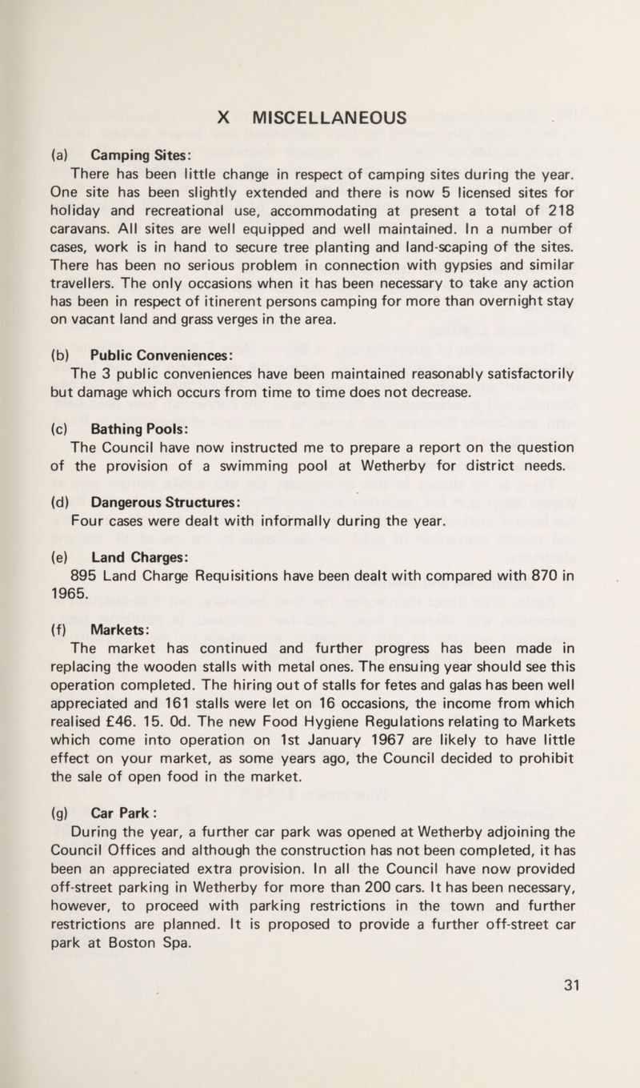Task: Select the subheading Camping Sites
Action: [x=132, y=155]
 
